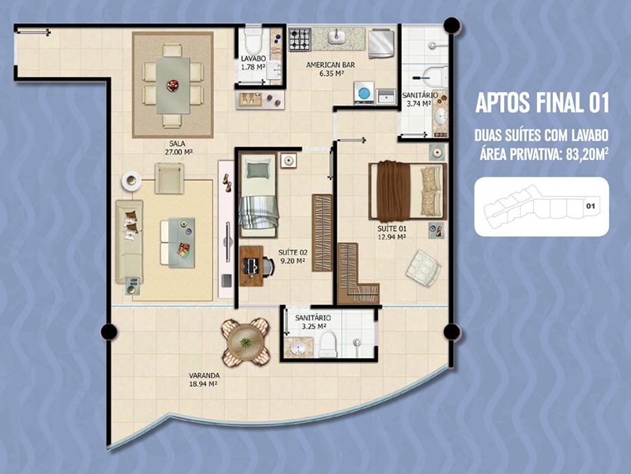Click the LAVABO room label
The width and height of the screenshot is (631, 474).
[x=254, y=58]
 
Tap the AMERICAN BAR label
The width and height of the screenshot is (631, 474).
[x=331, y=65]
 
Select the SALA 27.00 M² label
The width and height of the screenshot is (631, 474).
[x=178, y=148]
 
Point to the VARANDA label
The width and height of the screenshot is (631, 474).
[x=204, y=376]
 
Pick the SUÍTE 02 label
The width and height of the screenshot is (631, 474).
[x=293, y=253]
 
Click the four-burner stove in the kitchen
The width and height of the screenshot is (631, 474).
[x=300, y=40]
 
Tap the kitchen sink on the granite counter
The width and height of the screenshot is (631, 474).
[x=337, y=37]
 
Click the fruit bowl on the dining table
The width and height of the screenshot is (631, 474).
[x=173, y=85]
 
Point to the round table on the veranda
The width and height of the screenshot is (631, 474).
[x=246, y=342]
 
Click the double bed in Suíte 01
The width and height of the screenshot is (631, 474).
[x=407, y=192]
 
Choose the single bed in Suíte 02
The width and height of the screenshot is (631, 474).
[x=259, y=196]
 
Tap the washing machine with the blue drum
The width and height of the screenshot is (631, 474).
[x=364, y=93]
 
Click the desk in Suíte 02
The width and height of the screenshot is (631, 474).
[x=251, y=266]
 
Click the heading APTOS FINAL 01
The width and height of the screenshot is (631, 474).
[x=542, y=102]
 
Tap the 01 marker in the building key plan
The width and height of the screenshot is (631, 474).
[x=591, y=206]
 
